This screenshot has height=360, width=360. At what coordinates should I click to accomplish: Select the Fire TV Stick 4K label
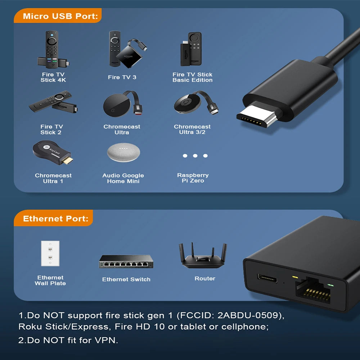coord(53,77)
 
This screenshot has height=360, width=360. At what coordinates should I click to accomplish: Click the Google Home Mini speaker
coord(123,153)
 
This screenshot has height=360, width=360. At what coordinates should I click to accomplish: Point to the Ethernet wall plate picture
coord(50,253)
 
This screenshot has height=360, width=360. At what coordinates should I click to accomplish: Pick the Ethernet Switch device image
coord(126,261)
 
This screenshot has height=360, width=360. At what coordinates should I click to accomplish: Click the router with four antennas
coord(203,257)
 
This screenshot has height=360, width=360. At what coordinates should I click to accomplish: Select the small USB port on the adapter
coord(267,279)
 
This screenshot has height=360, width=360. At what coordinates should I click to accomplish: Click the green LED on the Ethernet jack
coord(330,285)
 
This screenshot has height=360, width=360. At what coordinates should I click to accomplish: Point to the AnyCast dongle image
coord(53,153)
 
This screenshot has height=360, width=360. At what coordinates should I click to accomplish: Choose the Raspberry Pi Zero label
coord(193,178)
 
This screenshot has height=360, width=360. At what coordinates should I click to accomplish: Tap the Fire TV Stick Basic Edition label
coord(192,77)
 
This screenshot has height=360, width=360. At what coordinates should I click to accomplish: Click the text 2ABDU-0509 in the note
coord(248,316)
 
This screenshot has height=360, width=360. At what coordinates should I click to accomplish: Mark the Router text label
coord(205,279)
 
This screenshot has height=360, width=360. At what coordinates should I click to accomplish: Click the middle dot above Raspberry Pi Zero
coord(195,156)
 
